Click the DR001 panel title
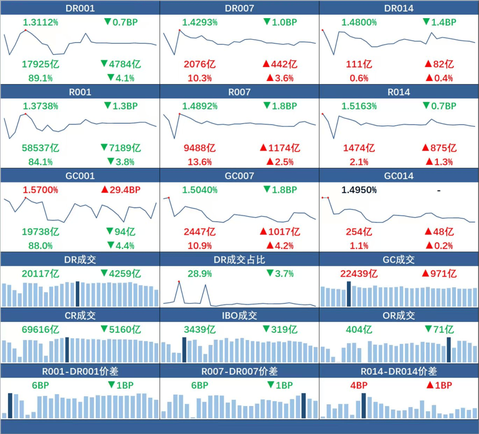[80, 8]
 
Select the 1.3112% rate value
[40, 22]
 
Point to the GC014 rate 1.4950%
[359, 190]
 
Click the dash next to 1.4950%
[439, 190]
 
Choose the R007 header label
[239, 92]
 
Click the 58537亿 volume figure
[40, 148]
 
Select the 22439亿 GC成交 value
[359, 274]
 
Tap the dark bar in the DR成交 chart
[78, 293]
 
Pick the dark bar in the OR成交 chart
[449, 350]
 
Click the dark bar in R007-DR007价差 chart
[304, 406]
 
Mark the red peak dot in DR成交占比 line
[179, 281]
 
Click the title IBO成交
[239, 316]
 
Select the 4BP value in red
[359, 385]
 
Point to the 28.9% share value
[200, 274]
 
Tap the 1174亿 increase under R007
[280, 148]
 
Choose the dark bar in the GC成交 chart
[349, 293]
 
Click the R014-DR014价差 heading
[399, 371]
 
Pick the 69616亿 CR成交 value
[40, 329]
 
